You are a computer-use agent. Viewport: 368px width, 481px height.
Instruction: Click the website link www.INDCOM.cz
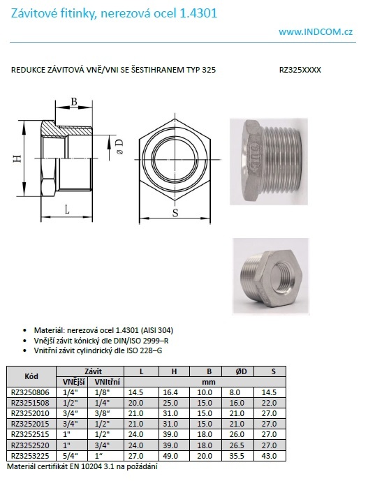316,31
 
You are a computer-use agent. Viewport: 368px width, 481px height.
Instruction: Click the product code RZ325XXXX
300,70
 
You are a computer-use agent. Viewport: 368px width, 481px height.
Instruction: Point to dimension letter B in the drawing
74,101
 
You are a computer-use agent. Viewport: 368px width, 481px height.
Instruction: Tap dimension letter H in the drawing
18,158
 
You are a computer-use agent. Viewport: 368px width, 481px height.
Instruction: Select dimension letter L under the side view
67,209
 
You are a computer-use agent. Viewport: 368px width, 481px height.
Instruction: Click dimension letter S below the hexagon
175,213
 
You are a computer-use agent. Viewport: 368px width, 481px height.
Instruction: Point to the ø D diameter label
119,147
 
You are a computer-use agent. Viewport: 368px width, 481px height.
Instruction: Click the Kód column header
31,376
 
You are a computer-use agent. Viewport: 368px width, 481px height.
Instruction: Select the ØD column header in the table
241,371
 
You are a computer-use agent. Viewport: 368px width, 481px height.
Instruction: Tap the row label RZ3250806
30,392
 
